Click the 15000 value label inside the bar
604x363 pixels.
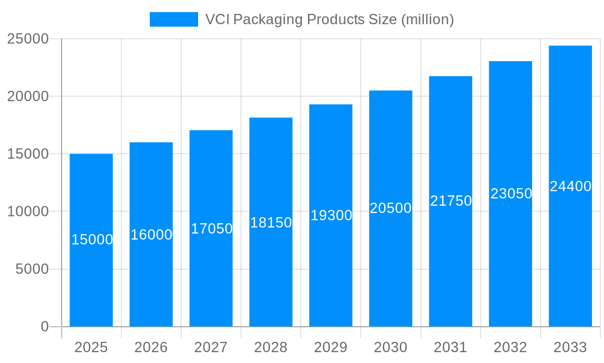(x=92, y=240)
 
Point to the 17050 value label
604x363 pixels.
(x=211, y=229)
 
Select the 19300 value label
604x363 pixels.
(x=331, y=215)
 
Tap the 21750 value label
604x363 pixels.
(x=451, y=201)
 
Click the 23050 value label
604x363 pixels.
(x=511, y=194)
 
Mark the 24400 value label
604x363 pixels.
(x=570, y=186)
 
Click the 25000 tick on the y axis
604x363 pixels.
(x=27, y=39)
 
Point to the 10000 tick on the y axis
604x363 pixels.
(x=27, y=212)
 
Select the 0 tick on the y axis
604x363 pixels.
(x=44, y=327)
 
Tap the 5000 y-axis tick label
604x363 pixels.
(x=31, y=269)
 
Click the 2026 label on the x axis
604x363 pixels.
(x=151, y=347)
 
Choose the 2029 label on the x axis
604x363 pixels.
(x=331, y=347)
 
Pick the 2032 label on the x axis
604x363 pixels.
(x=510, y=347)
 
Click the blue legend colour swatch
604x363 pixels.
(x=174, y=19)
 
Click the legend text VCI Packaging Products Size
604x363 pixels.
(x=329, y=19)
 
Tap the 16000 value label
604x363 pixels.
(x=152, y=235)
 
